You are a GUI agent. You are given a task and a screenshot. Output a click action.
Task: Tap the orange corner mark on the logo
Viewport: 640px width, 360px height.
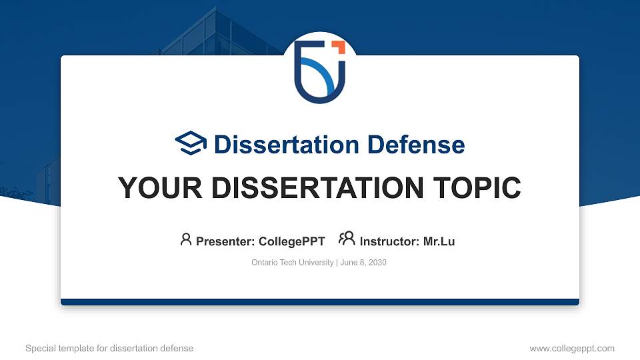(x=339, y=47)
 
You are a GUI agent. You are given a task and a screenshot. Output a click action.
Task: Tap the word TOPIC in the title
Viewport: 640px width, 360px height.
(x=479, y=188)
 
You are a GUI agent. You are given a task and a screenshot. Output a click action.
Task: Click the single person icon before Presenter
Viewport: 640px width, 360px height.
(x=186, y=239)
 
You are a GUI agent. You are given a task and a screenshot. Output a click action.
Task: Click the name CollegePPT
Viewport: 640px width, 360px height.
(x=291, y=241)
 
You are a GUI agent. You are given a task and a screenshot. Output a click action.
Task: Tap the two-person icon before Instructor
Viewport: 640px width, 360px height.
(x=347, y=239)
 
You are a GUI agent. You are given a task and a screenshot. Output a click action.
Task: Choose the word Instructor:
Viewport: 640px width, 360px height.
(x=390, y=241)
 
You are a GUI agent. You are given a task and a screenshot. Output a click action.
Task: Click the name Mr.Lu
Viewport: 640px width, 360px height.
(x=439, y=241)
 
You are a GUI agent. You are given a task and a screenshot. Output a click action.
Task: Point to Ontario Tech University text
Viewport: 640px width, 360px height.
(x=292, y=263)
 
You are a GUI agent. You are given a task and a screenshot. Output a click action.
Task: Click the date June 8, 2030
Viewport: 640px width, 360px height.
(x=363, y=263)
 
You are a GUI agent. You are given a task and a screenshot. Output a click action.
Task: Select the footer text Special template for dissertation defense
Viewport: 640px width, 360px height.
(x=109, y=348)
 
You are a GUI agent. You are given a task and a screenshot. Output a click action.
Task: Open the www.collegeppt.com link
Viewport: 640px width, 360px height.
(x=572, y=348)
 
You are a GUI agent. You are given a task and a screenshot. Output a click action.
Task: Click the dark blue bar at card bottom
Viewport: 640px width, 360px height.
(x=320, y=302)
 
